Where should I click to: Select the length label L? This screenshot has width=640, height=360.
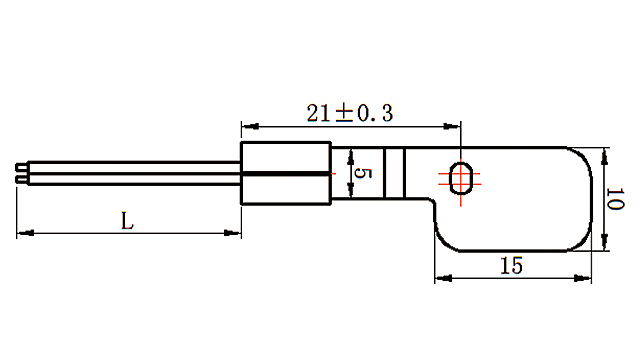127,220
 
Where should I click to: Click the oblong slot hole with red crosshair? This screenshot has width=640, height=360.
462,177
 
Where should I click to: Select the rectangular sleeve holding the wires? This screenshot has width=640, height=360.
287,174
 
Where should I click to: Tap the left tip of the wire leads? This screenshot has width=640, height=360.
20,174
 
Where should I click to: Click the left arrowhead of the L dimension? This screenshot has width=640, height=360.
22,234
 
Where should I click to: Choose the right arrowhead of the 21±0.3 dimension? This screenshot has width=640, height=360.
457,127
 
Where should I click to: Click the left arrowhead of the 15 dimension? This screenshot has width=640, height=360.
439,277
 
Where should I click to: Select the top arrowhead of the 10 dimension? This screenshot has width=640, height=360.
606,154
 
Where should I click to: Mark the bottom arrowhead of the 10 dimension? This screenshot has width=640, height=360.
606,243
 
